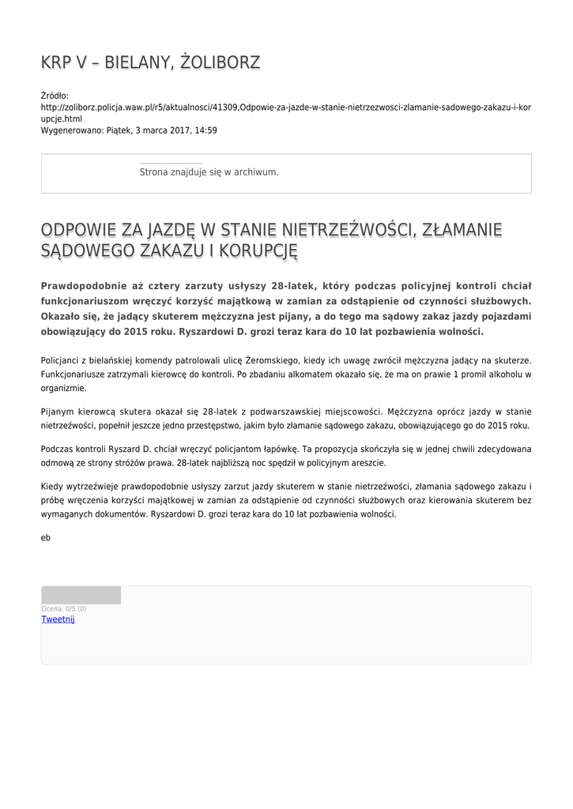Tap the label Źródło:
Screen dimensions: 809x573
(55, 96)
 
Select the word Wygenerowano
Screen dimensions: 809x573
(72, 130)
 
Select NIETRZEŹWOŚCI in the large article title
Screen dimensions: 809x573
(349, 230)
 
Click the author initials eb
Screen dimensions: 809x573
(46, 537)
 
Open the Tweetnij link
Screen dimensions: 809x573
(58, 619)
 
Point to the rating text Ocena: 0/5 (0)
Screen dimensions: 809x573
(64, 609)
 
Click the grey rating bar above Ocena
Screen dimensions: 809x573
(81, 595)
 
